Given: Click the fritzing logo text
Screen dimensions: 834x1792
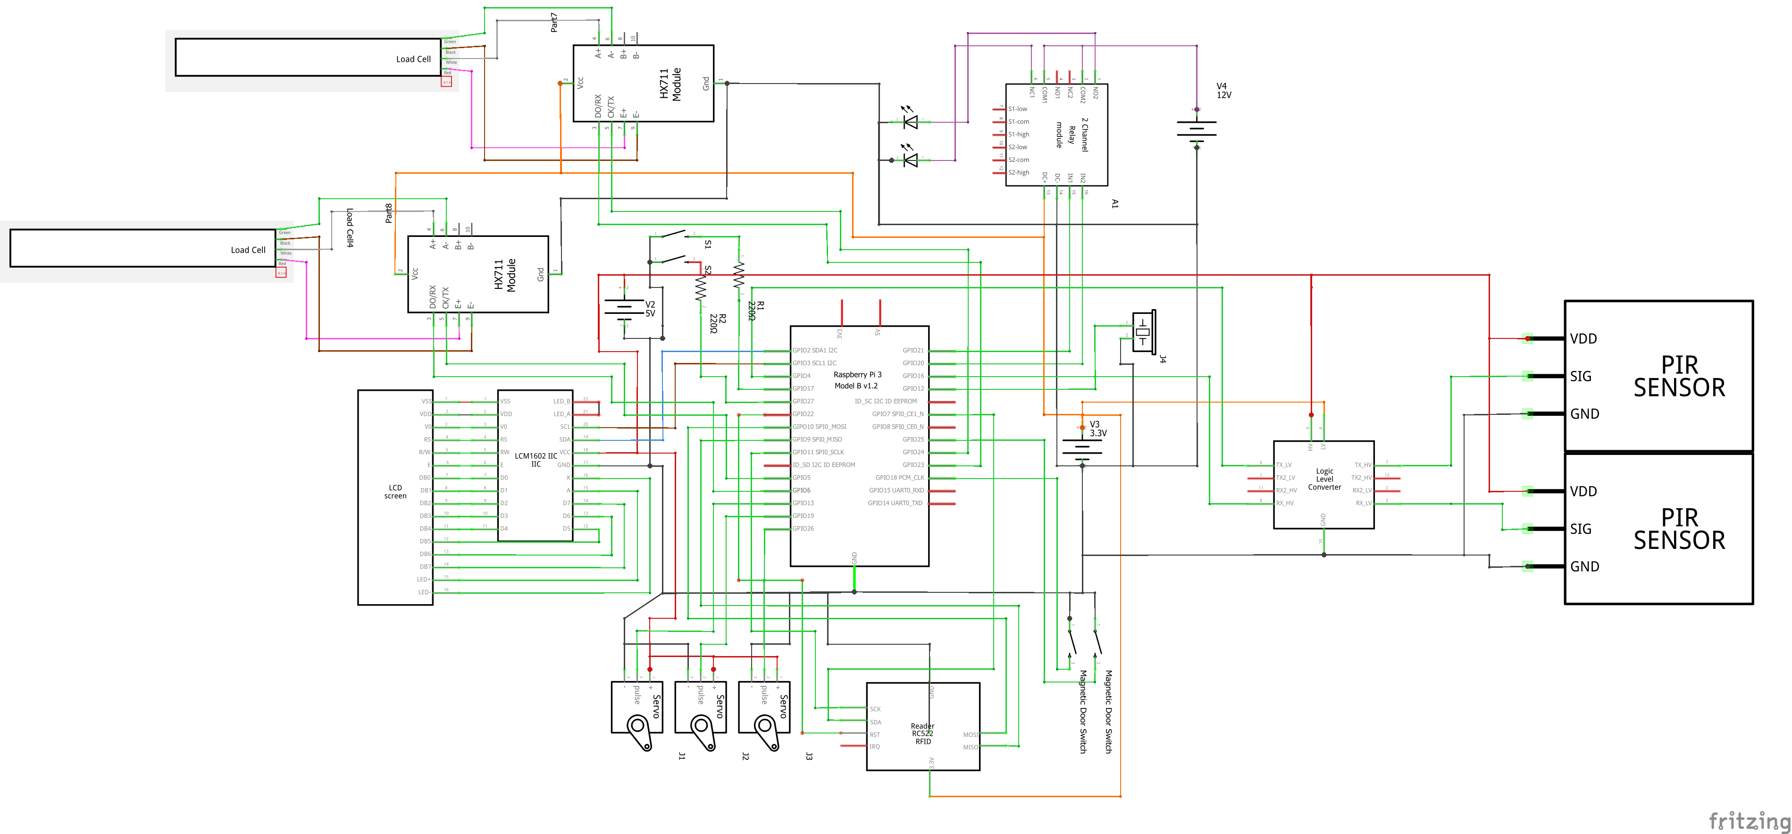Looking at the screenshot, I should coord(1749,821).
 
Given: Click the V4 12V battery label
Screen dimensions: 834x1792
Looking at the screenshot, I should coord(1223,91).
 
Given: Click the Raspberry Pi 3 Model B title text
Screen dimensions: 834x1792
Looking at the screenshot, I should coord(856,380).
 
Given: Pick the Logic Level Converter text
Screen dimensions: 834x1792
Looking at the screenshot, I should coord(1324,479).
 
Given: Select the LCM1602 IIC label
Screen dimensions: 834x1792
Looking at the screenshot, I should coord(535,459).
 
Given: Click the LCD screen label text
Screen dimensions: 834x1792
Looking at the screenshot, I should coord(395,491).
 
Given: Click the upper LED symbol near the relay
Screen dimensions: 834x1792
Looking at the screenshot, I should coord(909,122).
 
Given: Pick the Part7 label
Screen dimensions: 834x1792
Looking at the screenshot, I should coord(554,22).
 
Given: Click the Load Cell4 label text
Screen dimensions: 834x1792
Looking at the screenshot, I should coord(350,227).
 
